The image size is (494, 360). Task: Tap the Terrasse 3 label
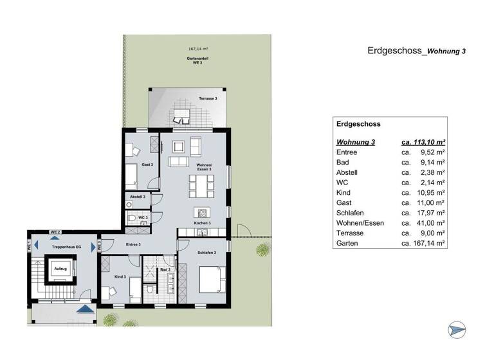tap(207, 98)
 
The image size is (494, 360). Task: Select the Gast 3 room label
tap(147, 165)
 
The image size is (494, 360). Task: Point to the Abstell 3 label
tap(137, 196)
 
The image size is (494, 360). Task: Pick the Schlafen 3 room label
tap(206, 253)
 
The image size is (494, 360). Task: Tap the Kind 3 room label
tap(119, 276)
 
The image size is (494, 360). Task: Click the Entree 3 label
tap(133, 244)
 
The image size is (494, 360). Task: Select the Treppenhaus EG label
tap(66, 247)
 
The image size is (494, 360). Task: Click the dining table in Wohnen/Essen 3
tap(199, 187)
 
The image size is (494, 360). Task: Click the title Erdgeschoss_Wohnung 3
tap(416, 51)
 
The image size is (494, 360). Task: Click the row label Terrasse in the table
tap(351, 233)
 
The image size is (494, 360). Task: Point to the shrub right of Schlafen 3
tap(262, 249)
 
